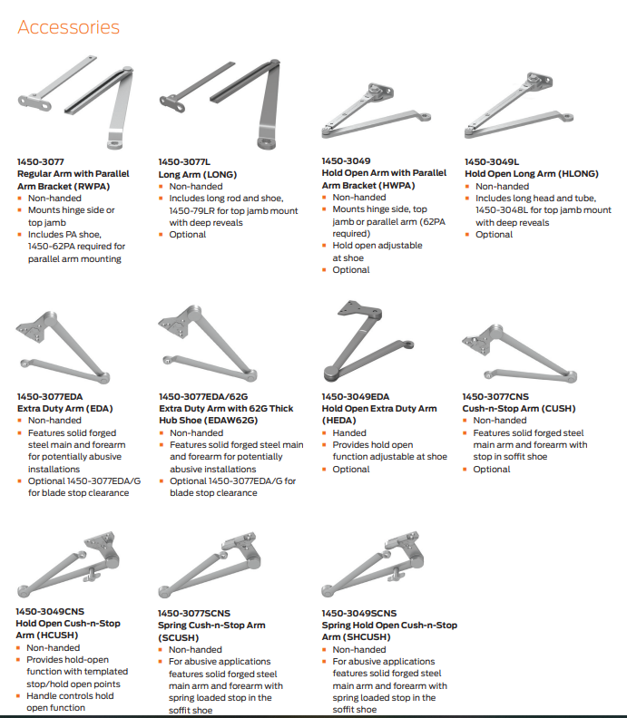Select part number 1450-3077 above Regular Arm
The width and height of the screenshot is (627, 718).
[x=41, y=161]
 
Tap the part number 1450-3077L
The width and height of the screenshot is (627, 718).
[x=184, y=161]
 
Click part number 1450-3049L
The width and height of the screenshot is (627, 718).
[x=492, y=161]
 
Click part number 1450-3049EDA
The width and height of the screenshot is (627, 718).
[x=356, y=396]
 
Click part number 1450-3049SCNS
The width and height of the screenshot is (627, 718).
[x=359, y=613]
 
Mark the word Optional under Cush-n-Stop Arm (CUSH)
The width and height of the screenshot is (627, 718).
[x=492, y=469]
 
